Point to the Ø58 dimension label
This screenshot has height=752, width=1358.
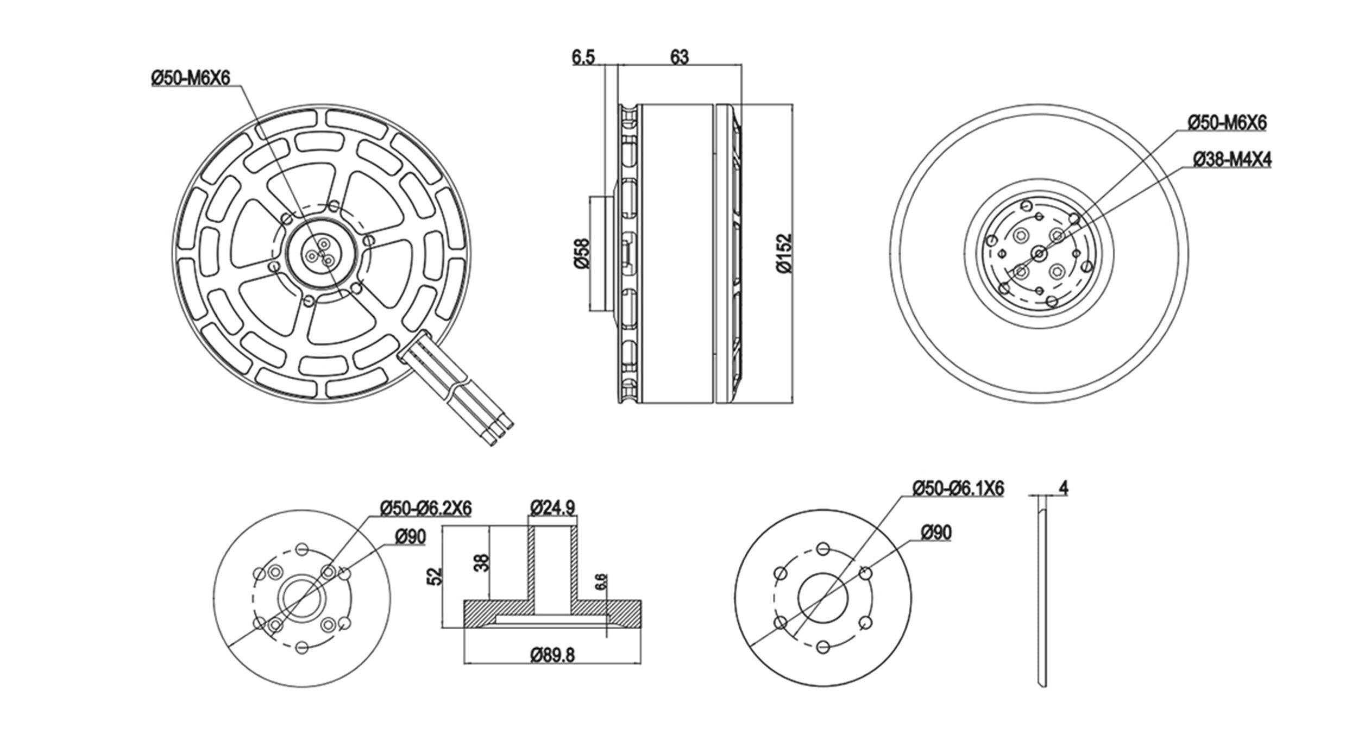point(581,253)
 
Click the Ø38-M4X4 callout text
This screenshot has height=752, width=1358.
point(1232,159)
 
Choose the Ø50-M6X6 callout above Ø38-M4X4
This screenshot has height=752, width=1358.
point(1227,123)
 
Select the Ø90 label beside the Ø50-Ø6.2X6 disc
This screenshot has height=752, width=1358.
point(411,537)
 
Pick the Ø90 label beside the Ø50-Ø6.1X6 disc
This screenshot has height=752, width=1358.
point(936,533)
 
